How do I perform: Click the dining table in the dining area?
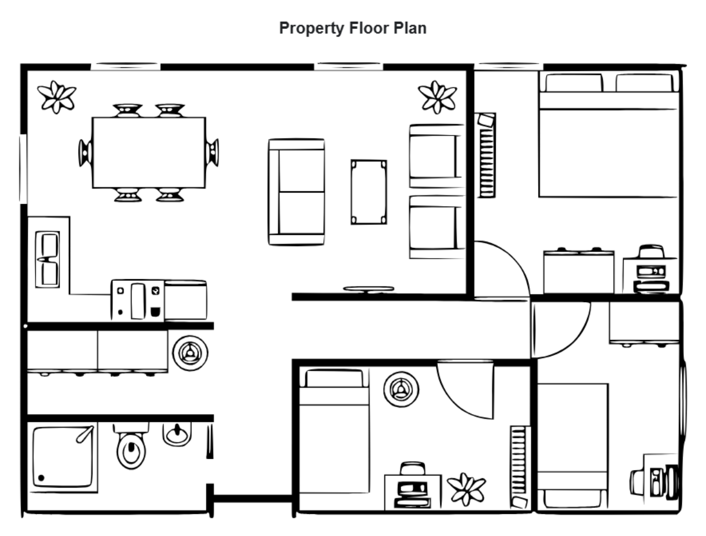(x=149, y=153)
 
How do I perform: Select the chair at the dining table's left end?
(x=85, y=153)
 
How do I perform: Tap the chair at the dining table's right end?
(x=212, y=153)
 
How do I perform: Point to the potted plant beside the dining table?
(x=57, y=97)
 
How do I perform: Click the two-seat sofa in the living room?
(x=297, y=191)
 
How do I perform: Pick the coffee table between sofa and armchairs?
(x=369, y=191)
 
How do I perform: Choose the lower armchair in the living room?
(x=436, y=227)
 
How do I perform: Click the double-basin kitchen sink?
(x=47, y=259)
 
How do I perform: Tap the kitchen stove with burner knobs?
(x=138, y=300)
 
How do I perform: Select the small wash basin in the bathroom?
(x=176, y=434)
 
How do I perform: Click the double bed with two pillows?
(x=608, y=135)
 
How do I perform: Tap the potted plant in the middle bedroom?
(x=467, y=489)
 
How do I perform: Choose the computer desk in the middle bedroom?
(x=412, y=488)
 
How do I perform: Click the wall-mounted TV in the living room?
(x=369, y=289)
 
